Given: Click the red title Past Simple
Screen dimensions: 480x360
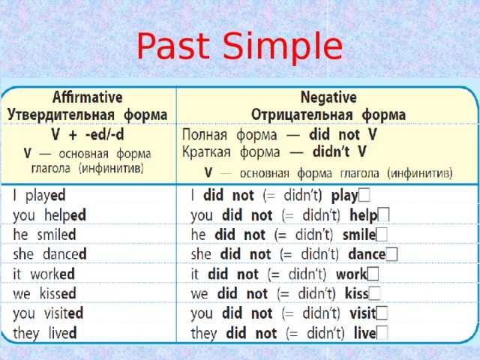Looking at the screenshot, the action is click(x=239, y=46).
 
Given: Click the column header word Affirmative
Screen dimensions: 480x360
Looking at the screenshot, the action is click(x=88, y=97).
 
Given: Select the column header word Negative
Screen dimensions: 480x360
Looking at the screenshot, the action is click(x=328, y=97).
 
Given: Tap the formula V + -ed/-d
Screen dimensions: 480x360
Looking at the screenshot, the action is click(x=88, y=134).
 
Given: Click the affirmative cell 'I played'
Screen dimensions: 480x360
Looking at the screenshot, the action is click(x=39, y=196).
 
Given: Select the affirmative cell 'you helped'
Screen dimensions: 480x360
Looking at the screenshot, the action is click(x=49, y=215).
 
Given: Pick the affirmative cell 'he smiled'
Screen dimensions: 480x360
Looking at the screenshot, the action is click(x=44, y=235).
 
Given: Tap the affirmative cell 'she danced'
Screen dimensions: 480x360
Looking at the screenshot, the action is click(x=49, y=254).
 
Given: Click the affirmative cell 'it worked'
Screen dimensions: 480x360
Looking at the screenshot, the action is click(x=43, y=274).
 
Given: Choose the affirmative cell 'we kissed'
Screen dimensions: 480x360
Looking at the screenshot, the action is click(x=44, y=293).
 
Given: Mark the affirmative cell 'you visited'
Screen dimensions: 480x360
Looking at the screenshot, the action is click(x=48, y=313).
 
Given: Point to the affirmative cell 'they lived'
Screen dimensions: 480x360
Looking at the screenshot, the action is click(x=45, y=333).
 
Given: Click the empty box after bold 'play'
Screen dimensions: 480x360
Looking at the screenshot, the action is click(x=364, y=195).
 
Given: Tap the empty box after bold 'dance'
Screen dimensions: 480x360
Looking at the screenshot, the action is click(x=391, y=254).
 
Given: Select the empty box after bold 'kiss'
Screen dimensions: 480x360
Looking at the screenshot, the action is click(x=375, y=293).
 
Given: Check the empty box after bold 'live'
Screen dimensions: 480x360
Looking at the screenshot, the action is click(x=382, y=333).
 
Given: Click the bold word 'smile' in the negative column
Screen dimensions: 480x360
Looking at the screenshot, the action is click(x=359, y=235).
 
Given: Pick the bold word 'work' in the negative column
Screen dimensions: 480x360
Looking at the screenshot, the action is click(x=352, y=274).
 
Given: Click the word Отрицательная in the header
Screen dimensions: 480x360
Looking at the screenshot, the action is click(x=301, y=115).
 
